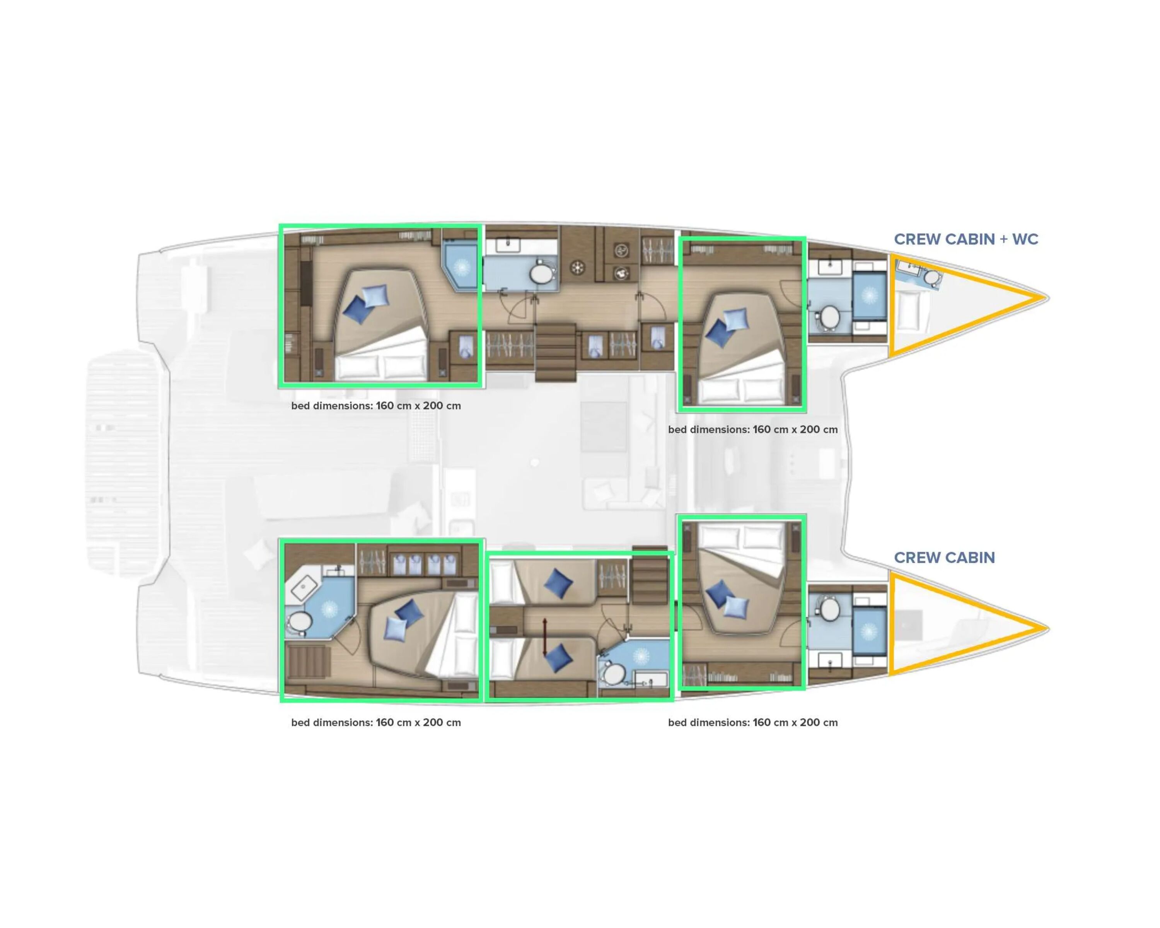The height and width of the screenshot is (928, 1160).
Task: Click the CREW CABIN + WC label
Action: (x=966, y=239)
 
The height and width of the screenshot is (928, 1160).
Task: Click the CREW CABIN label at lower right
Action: (x=944, y=558)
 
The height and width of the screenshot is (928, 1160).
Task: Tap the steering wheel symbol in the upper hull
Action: (x=577, y=268)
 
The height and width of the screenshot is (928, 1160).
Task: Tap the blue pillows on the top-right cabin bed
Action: (x=727, y=326)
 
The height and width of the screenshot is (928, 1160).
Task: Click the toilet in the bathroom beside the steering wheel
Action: (x=541, y=274)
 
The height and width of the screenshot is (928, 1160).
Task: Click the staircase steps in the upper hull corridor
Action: (x=555, y=352)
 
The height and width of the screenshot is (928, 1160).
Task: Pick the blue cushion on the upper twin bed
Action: (x=558, y=583)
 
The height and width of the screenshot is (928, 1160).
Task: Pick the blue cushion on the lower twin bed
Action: (x=558, y=657)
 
